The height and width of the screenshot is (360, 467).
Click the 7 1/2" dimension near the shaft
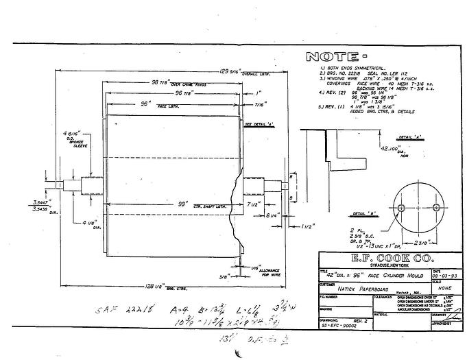coord(253,204)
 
